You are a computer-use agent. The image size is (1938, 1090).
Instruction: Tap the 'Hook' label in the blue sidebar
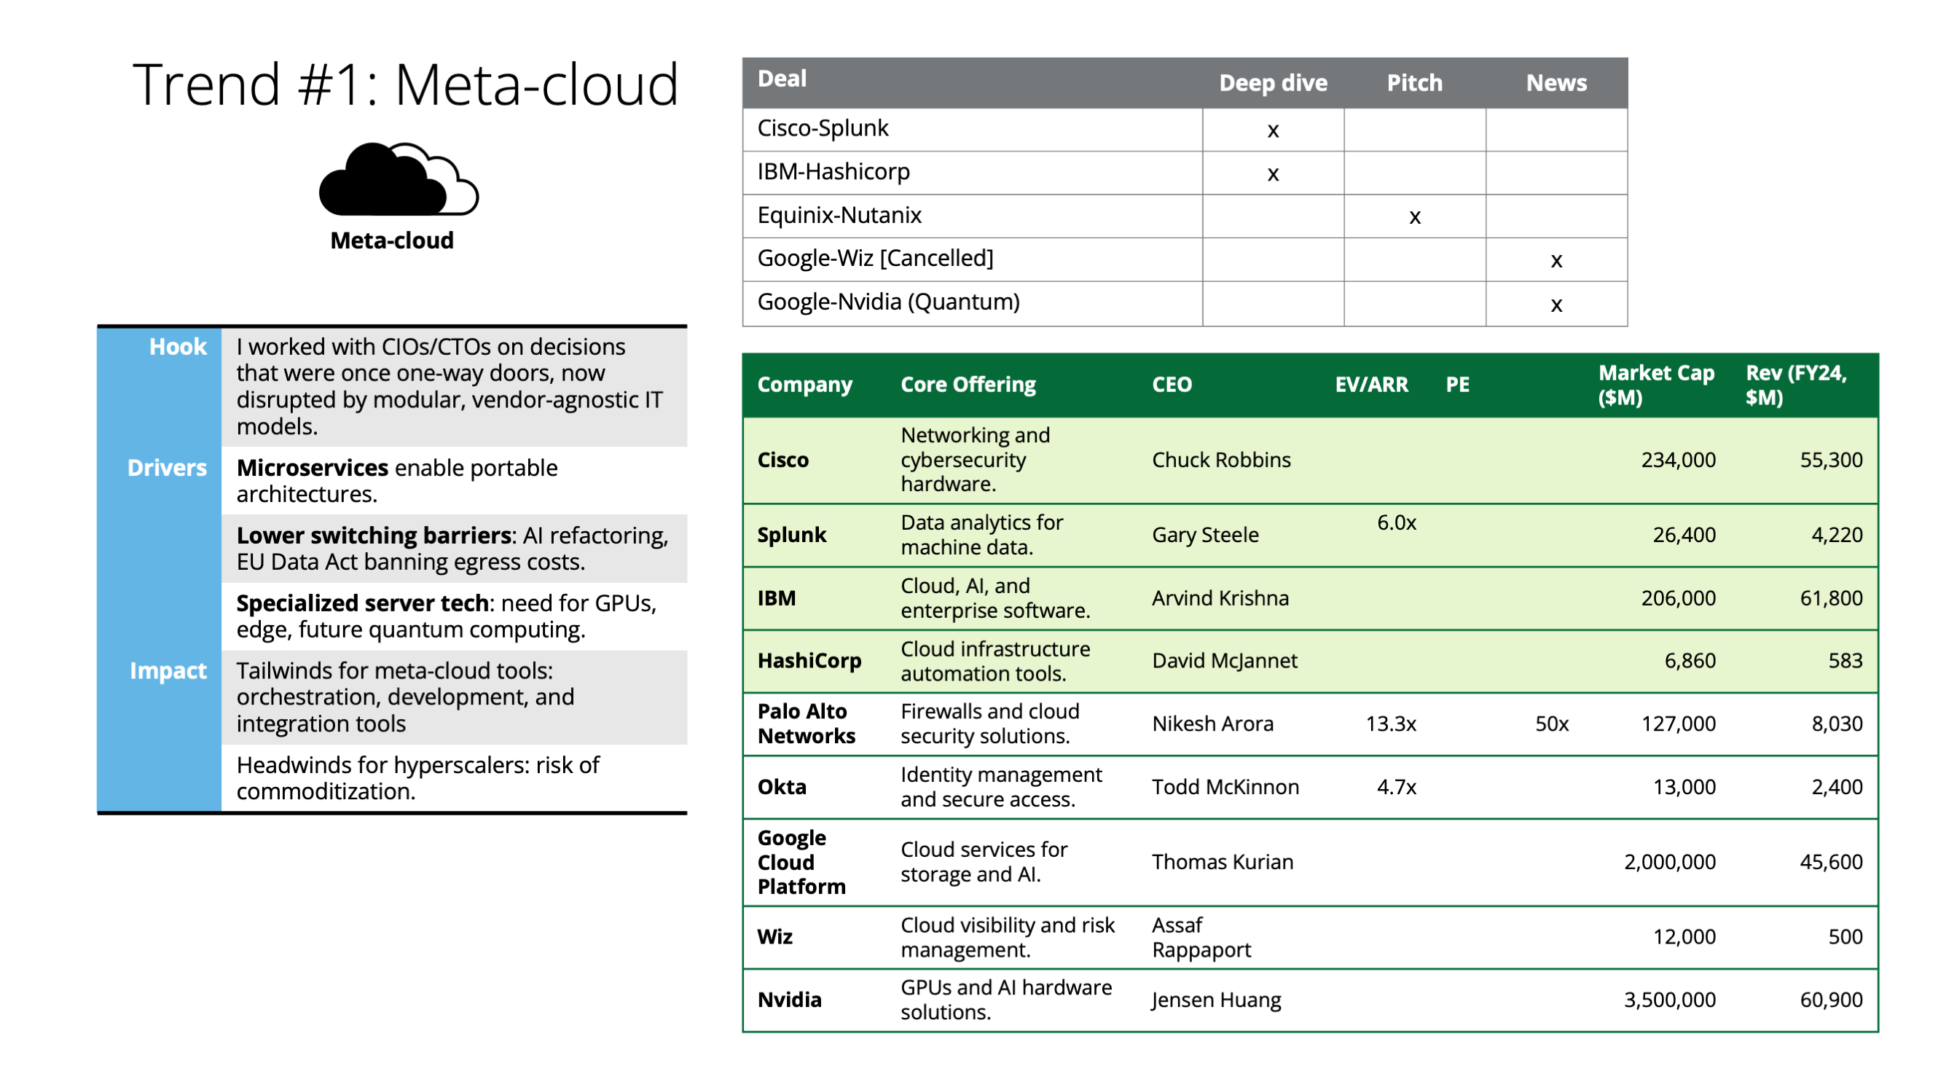[x=178, y=347]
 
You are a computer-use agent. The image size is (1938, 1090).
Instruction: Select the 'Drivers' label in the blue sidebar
[x=167, y=468]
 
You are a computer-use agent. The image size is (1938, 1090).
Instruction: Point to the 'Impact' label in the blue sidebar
[x=168, y=670]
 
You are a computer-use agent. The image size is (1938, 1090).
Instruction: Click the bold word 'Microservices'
[x=313, y=468]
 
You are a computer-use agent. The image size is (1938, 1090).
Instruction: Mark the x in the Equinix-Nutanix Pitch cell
[x=1414, y=217]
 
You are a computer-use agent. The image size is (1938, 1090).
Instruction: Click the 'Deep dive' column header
[x=1273, y=83]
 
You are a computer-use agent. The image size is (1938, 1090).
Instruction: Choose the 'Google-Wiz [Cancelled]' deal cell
[x=875, y=259]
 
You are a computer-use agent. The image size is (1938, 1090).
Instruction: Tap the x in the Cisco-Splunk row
[x=1273, y=131]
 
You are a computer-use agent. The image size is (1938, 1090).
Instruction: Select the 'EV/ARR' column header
[x=1370, y=385]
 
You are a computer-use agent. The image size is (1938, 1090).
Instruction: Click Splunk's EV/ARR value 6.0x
[x=1397, y=523]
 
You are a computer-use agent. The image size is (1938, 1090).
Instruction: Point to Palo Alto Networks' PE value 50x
[x=1551, y=724]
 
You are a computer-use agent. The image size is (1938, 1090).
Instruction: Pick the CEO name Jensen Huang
[x=1216, y=1000]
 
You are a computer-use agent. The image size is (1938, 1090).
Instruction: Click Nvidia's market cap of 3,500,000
[x=1669, y=1000]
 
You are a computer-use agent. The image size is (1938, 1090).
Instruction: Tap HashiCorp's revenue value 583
[x=1845, y=660]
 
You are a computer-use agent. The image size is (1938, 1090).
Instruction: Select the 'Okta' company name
[x=782, y=787]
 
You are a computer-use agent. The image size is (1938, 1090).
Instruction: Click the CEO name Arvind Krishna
[x=1220, y=598]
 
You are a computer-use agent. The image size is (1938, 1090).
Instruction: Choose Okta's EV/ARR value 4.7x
[x=1397, y=787]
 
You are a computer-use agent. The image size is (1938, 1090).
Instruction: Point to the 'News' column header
[x=1555, y=83]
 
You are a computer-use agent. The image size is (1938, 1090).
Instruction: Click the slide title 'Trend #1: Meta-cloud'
[x=406, y=85]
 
